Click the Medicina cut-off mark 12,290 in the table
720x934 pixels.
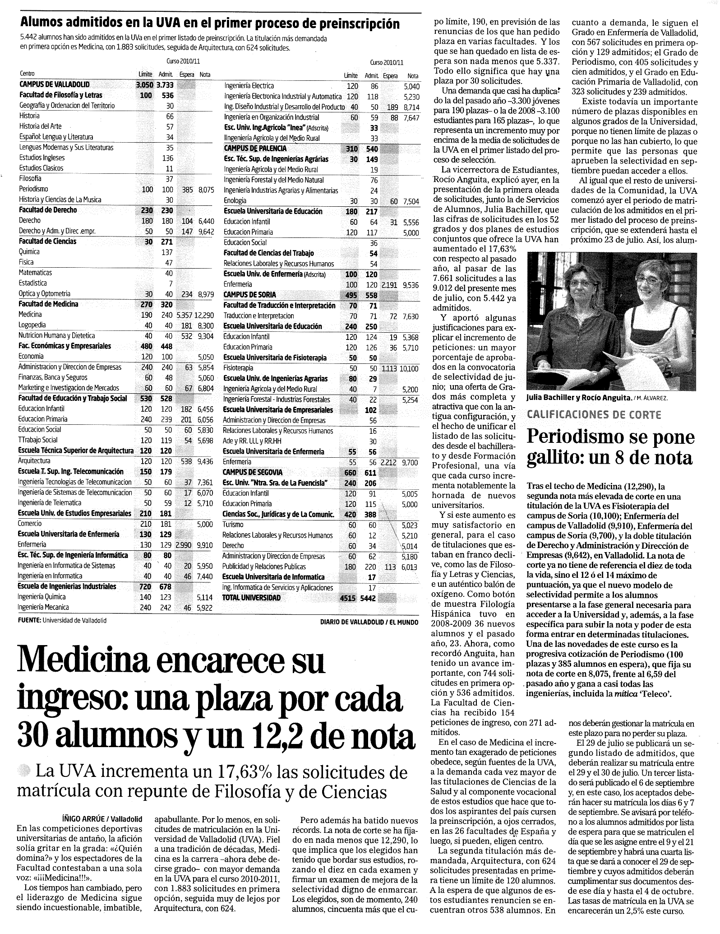click(204, 315)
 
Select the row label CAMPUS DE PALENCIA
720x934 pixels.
click(255, 149)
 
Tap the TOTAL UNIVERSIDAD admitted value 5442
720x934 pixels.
click(370, 598)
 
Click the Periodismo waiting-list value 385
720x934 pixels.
click(187, 189)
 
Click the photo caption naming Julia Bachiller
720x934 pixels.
click(579, 398)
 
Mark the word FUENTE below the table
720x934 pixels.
click(29, 620)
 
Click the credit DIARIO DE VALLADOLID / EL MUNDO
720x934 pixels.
click(369, 622)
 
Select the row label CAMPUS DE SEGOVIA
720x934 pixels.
click(253, 472)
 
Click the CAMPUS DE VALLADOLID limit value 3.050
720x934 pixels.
click(144, 84)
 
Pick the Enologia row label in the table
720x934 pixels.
click(235, 200)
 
